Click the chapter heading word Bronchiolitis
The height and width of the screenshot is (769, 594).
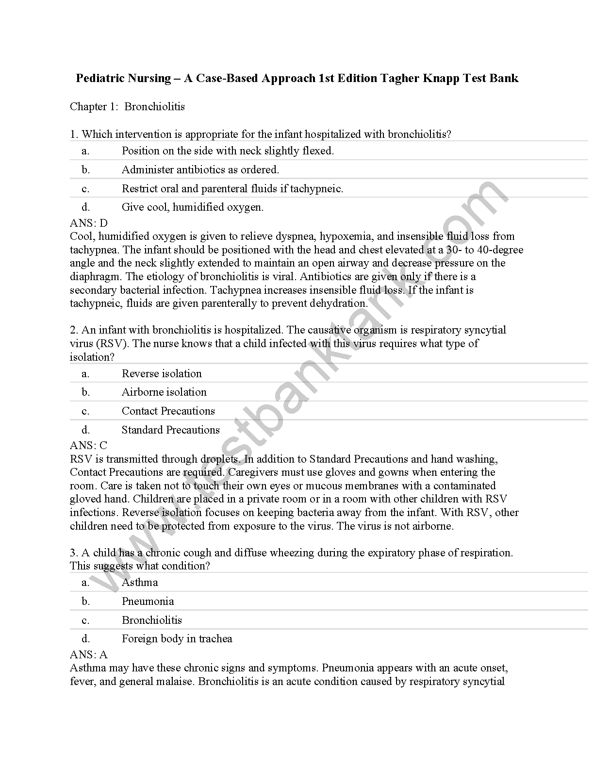coord(154,107)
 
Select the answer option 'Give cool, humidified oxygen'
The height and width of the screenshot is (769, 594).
coord(192,207)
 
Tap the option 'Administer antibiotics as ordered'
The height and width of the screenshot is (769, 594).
coord(200,170)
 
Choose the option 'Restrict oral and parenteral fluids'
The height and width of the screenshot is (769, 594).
coord(232,189)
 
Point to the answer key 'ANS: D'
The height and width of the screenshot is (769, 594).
coord(89,223)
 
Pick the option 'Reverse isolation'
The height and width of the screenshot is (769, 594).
coord(162,374)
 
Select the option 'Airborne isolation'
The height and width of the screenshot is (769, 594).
coord(164,392)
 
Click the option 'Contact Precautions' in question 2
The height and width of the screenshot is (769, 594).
coord(168,411)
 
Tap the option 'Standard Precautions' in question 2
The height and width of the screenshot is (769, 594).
coord(170,430)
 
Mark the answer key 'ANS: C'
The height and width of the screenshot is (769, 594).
coord(89,445)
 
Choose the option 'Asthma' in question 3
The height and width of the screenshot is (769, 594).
coord(140,583)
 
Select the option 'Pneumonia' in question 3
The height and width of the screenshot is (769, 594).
coord(148,602)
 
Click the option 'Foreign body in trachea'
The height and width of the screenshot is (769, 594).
coord(177,639)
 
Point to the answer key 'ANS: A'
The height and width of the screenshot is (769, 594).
coord(89,654)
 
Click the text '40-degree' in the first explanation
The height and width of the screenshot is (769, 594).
coord(500,250)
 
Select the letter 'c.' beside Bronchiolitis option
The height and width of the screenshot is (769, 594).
coord(85,620)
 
